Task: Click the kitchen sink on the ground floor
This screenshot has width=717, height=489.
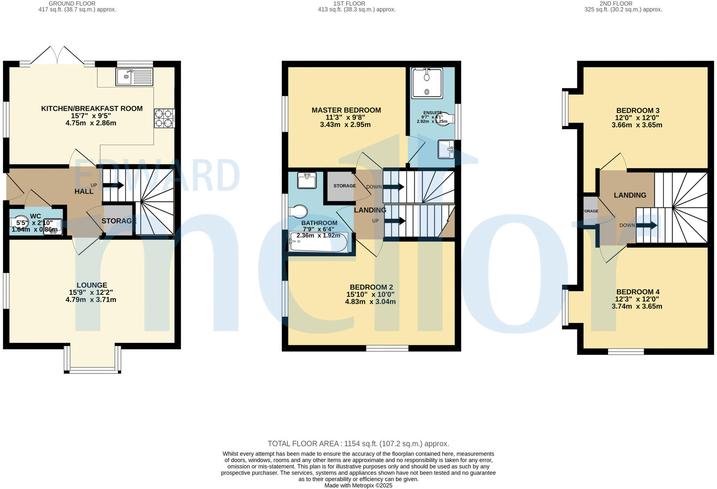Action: click(x=134, y=77)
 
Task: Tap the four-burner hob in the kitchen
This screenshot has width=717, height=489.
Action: click(x=164, y=118)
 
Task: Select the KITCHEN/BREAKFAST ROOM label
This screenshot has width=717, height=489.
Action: click(x=92, y=109)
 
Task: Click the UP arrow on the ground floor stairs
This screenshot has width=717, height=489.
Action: click(x=113, y=185)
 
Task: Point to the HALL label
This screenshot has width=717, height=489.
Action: click(x=84, y=192)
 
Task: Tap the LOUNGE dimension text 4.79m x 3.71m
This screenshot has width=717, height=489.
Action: click(x=91, y=300)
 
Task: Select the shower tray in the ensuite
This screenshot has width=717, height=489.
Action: click(x=427, y=83)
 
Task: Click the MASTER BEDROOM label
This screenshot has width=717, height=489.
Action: click(x=346, y=110)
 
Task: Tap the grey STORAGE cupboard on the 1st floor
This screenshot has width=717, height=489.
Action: click(x=340, y=186)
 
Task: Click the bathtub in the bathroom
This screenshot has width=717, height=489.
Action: click(x=318, y=242)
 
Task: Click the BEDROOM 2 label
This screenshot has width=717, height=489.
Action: click(x=371, y=287)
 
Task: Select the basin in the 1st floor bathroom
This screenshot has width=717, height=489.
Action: click(x=307, y=180)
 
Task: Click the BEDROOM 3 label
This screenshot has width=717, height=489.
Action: click(x=638, y=111)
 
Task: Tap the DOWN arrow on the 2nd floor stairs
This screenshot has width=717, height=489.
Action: click(x=646, y=225)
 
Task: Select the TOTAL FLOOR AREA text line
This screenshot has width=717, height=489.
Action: click(x=358, y=444)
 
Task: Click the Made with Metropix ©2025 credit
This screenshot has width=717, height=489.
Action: click(x=358, y=485)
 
